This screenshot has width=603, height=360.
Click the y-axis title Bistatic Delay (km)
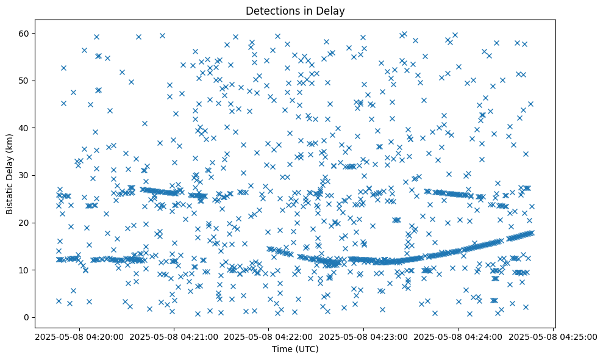click(10, 174)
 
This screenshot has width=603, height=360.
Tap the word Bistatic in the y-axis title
click(10, 197)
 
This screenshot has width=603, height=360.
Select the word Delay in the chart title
click(331, 10)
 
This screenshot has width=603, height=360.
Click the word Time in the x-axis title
click(282, 350)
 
